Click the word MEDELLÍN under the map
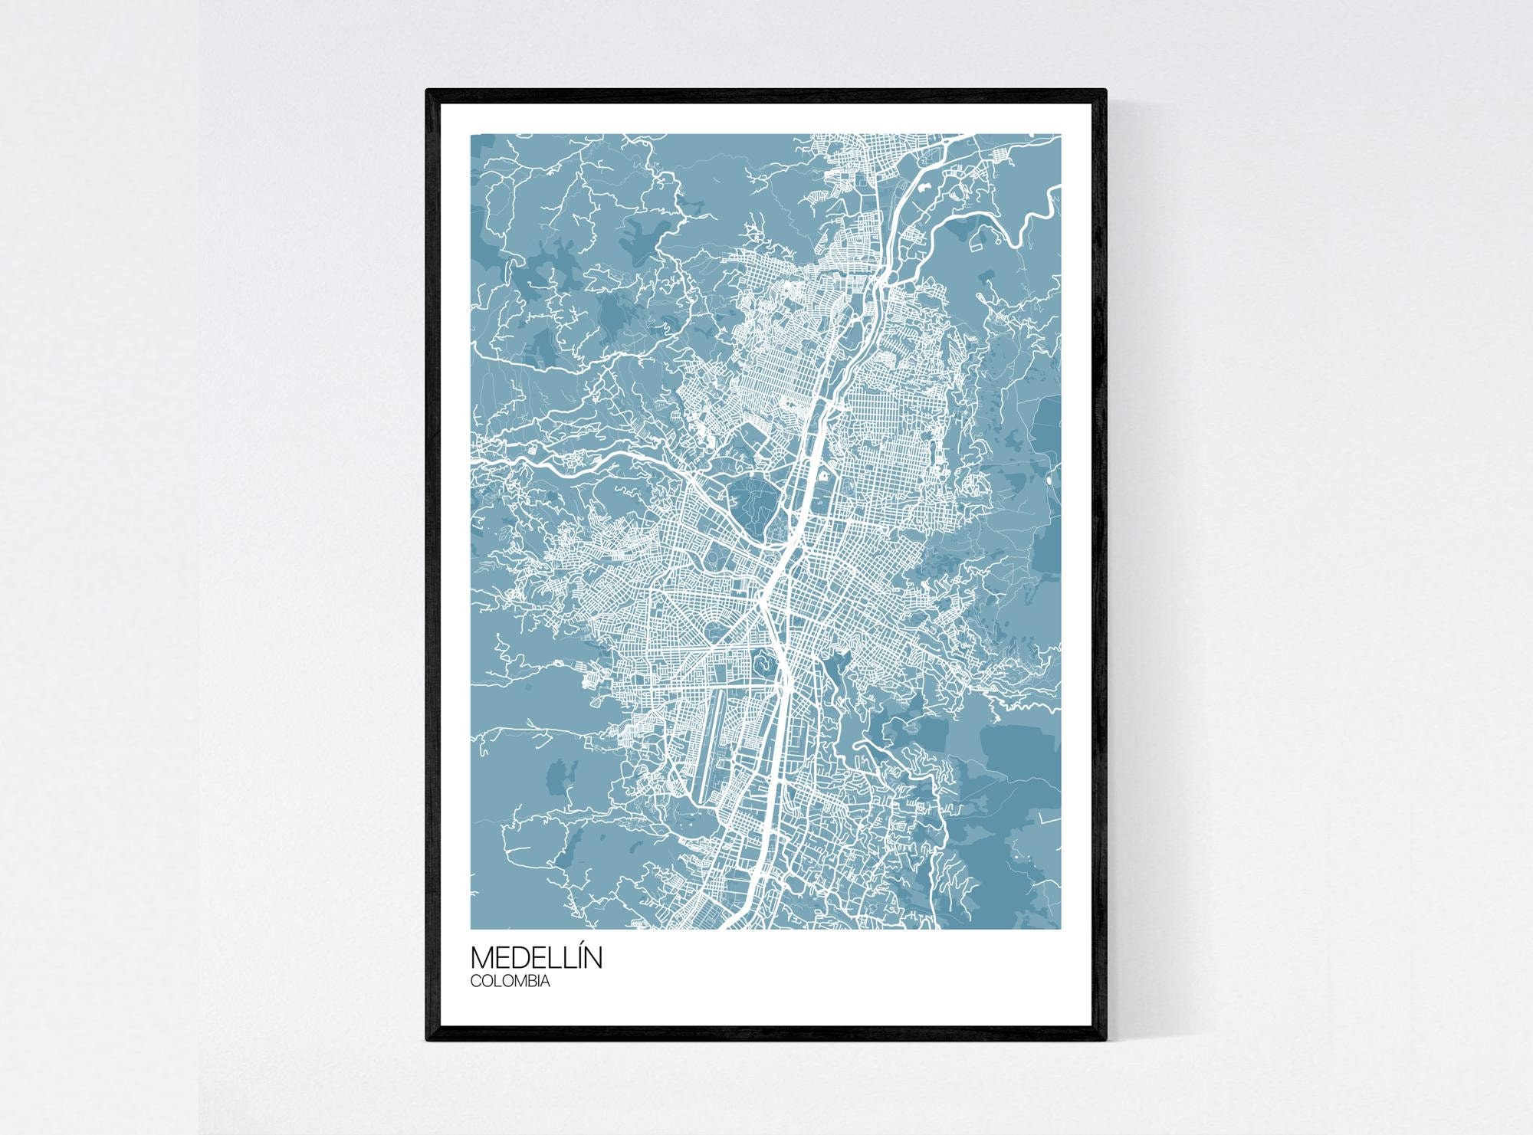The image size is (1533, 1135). (x=536, y=958)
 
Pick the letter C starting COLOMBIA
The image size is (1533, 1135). (x=475, y=980)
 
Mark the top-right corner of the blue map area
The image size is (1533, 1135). (x=1061, y=135)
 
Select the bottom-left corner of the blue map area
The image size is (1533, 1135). (x=471, y=929)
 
